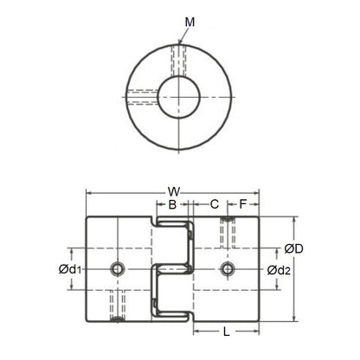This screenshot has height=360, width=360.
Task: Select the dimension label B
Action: click(x=172, y=205)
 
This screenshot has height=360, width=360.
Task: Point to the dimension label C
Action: click(x=214, y=205)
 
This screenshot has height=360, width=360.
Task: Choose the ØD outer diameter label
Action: click(x=293, y=250)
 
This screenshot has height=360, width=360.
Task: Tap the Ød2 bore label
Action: click(x=277, y=270)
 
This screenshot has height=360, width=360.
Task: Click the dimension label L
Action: click(x=226, y=331)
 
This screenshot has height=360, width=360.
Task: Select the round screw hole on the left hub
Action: click(x=117, y=270)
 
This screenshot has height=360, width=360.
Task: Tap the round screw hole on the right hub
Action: click(x=228, y=270)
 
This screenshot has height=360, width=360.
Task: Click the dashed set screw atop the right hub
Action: click(x=228, y=231)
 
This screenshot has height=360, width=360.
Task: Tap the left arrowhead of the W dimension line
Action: click(x=88, y=192)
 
